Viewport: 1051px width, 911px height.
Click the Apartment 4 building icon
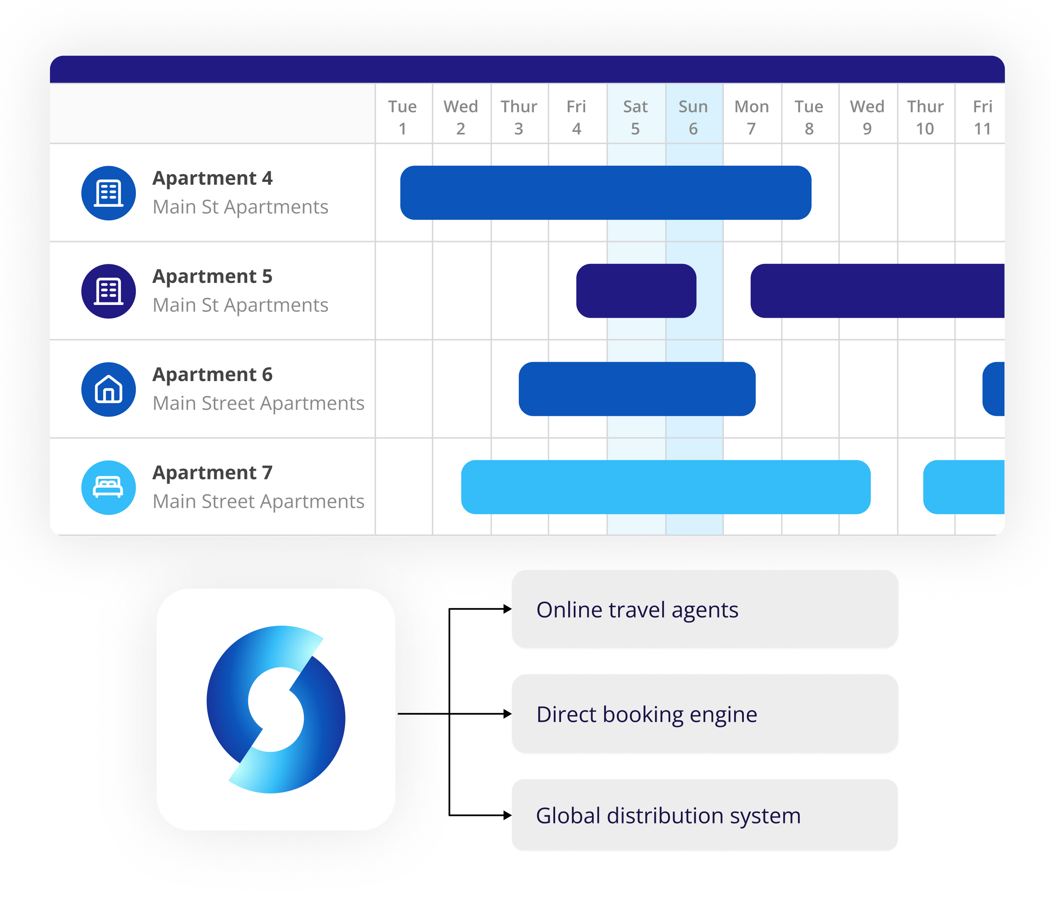point(108,193)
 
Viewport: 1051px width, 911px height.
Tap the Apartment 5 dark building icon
point(108,291)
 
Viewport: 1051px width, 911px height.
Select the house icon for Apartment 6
point(108,390)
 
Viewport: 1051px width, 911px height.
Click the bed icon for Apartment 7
point(108,488)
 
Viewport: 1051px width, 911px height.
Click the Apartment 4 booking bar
point(605,193)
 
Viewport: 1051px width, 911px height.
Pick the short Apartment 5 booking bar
point(636,291)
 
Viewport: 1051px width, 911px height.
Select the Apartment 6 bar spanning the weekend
point(637,389)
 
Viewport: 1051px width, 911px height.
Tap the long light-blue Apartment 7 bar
point(666,487)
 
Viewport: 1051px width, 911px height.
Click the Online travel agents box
point(705,609)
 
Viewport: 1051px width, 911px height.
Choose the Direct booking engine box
point(705,714)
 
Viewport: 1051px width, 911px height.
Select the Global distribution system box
point(705,815)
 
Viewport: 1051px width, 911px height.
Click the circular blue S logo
point(275,709)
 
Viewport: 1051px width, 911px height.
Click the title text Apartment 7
point(212,473)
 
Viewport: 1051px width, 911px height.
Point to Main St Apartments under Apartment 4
point(240,207)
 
